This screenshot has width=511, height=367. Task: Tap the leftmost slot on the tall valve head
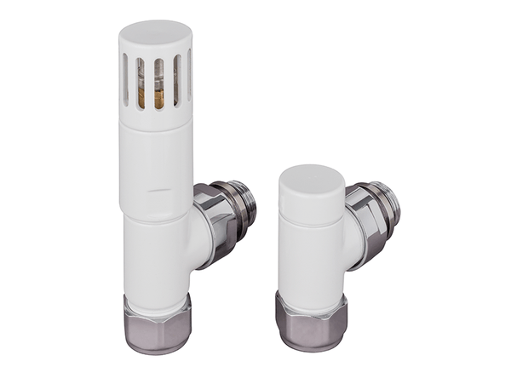tap(125, 81)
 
